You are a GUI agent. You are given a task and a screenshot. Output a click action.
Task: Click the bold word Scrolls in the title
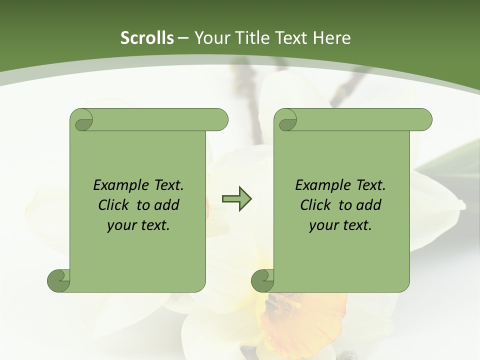pyautogui.click(x=147, y=37)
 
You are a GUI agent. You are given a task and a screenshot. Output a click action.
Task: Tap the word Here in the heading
pyautogui.click(x=331, y=37)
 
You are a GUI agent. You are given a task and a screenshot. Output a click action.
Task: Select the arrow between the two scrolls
pyautogui.click(x=237, y=199)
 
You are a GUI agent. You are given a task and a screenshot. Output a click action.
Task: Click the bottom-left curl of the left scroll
pyautogui.click(x=58, y=280)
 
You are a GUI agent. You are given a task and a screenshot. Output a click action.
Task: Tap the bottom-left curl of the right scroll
pyautogui.click(x=262, y=280)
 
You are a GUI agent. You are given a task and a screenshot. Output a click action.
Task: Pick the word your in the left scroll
pyautogui.click(x=120, y=225)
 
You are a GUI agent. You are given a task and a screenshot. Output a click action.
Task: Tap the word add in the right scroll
pyautogui.click(x=369, y=205)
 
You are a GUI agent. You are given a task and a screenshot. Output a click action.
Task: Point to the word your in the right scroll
pyautogui.click(x=322, y=225)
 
